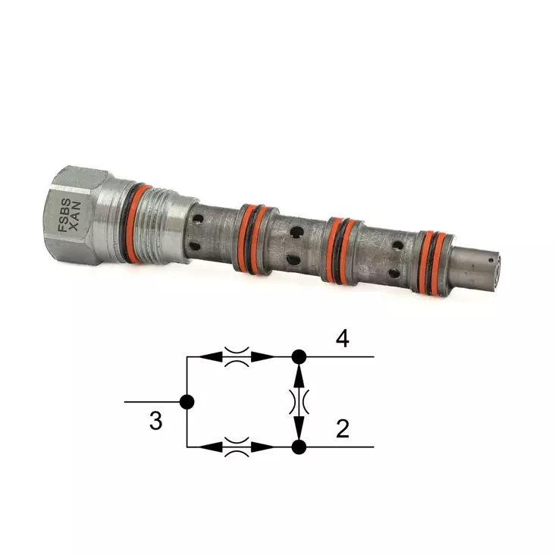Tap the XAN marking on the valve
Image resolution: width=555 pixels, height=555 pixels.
[x=76, y=217]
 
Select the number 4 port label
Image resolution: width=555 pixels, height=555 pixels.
[x=343, y=338]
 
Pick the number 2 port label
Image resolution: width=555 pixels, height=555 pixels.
[x=343, y=429]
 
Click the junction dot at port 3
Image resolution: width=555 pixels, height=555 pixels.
[x=187, y=402]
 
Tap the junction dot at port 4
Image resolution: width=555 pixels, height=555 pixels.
[x=299, y=356]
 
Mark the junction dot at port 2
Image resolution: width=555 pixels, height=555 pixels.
[x=299, y=447]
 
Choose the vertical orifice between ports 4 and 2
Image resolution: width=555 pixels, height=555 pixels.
[x=299, y=401]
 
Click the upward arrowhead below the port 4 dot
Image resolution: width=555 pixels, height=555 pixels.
[x=299, y=373]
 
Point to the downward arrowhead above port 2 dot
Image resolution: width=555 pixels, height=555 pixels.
[x=299, y=430]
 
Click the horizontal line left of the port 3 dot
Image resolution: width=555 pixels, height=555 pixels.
[x=152, y=402]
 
